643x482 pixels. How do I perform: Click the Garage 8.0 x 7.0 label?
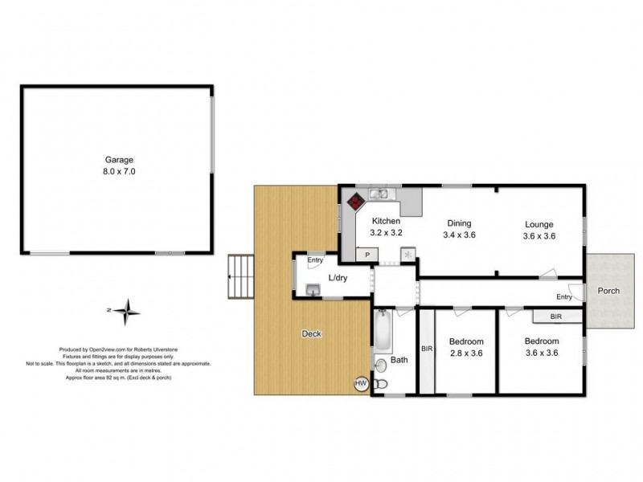point(118,165)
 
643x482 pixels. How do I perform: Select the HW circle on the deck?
point(361,385)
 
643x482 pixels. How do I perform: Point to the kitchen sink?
point(379,194)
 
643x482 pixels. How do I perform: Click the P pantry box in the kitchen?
point(367,255)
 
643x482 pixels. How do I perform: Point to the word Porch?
point(608,291)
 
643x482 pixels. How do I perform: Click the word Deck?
point(312,334)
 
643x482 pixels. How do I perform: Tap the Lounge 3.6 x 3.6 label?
point(539,231)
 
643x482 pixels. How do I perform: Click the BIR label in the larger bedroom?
point(556,317)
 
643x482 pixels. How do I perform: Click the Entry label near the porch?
point(564,297)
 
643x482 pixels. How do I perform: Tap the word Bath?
point(399,360)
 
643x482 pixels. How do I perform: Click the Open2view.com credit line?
point(135,349)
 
